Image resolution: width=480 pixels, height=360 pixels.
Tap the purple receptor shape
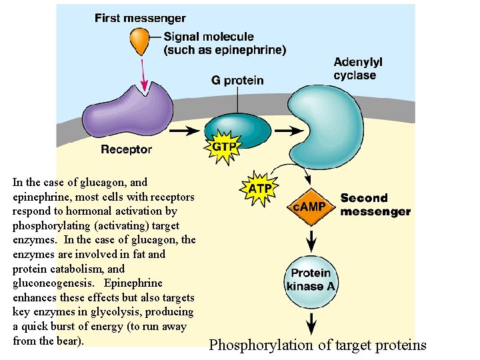[127, 111]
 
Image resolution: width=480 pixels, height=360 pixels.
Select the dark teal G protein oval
[237, 128]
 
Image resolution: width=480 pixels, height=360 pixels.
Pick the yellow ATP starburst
[259, 189]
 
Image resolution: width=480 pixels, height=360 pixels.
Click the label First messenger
[140, 19]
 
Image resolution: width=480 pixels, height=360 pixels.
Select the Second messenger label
[375, 205]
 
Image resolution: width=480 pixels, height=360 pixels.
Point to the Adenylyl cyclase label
[358, 69]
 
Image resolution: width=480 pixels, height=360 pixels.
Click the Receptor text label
[126, 150]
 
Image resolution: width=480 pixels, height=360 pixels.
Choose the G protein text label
[237, 81]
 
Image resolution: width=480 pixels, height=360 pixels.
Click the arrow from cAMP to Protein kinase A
[311, 239]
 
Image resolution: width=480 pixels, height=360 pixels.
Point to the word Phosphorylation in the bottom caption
[256, 345]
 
